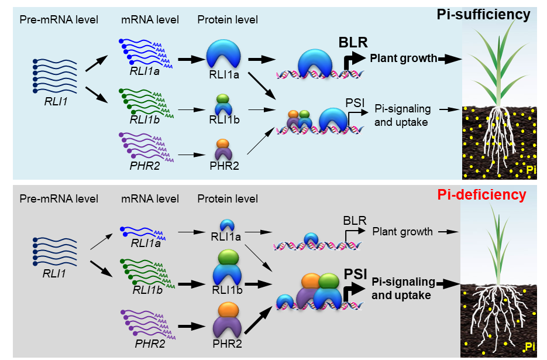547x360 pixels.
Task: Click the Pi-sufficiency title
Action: [483, 15]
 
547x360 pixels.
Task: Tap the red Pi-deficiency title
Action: [483, 195]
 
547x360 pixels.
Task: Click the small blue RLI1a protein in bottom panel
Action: [227, 225]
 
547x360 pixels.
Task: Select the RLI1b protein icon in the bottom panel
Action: [228, 270]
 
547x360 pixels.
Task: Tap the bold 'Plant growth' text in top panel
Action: [403, 58]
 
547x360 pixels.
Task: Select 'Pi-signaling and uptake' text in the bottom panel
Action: [403, 288]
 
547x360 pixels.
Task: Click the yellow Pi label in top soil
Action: [531, 170]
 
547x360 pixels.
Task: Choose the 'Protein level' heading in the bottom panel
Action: [228, 199]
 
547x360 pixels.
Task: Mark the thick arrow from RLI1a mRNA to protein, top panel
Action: [188, 59]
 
